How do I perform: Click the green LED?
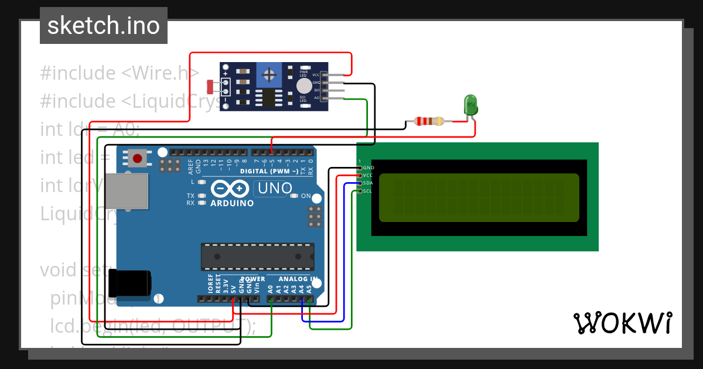click(470, 105)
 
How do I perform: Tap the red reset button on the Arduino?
click(138, 158)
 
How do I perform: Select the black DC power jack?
click(132, 283)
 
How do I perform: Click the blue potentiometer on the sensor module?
click(269, 74)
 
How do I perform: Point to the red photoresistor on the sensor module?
click(211, 87)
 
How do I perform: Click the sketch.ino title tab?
click(104, 26)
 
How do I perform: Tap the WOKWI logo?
click(622, 323)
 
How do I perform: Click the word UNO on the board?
click(275, 188)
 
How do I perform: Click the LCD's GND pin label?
click(368, 168)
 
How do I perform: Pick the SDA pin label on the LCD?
click(368, 183)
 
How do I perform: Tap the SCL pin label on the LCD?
click(368, 191)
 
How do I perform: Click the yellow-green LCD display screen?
click(479, 197)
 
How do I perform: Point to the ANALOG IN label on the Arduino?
click(298, 279)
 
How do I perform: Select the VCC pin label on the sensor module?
click(316, 75)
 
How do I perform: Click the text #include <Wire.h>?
click(120, 73)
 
